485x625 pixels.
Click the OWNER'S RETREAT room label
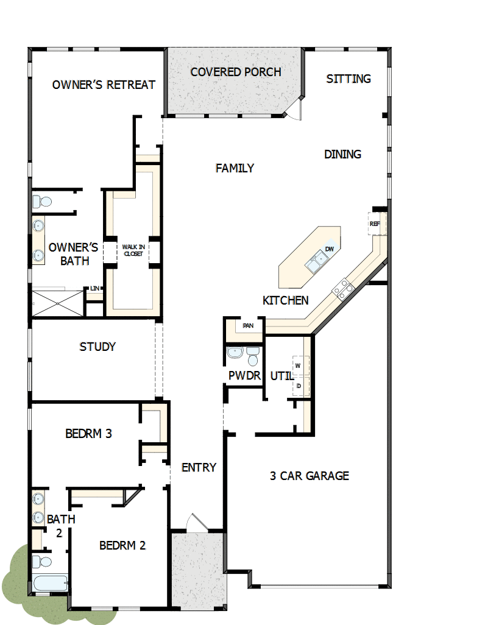tap(104, 85)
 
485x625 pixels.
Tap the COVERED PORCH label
tap(236, 72)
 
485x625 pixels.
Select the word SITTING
tap(349, 79)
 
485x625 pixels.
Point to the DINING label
tap(342, 154)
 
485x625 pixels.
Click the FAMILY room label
tap(235, 168)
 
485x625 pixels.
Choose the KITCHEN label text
tap(285, 300)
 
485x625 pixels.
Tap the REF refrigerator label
tap(374, 224)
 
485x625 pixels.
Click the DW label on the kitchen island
tap(330, 249)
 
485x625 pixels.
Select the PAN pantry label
tap(248, 326)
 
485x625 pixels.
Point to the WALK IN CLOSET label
tap(133, 250)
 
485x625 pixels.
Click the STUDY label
tap(97, 347)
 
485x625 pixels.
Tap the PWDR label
tap(244, 376)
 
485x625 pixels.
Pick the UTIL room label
tap(281, 376)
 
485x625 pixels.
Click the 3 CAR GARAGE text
tap(310, 476)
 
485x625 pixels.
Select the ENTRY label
tap(199, 467)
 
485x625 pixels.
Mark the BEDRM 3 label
tap(88, 434)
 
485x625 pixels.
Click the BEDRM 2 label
tap(122, 545)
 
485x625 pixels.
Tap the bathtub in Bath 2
tap(50, 584)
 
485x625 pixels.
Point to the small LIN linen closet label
tap(94, 288)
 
